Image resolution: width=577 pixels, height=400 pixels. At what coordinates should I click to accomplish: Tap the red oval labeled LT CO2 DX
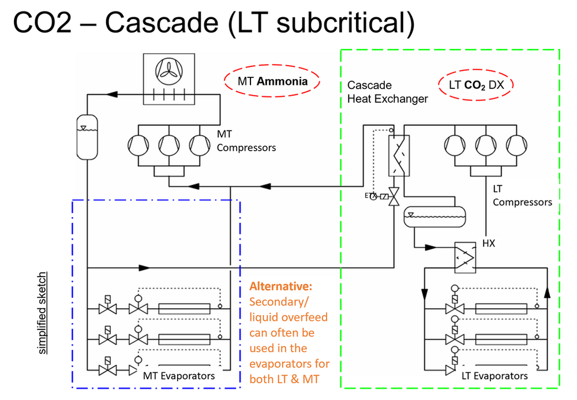[x=476, y=85]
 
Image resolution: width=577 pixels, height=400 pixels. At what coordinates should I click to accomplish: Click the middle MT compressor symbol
[x=168, y=144]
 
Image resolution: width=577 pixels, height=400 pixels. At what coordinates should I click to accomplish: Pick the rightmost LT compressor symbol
[x=516, y=144]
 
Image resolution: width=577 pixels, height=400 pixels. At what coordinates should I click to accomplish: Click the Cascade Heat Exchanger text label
[x=387, y=92]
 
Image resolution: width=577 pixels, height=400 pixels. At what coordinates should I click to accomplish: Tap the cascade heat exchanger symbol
[x=399, y=154]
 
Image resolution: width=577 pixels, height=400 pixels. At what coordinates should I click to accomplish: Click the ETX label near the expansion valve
[x=370, y=196]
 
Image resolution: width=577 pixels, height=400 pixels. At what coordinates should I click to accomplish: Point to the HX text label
[x=488, y=243]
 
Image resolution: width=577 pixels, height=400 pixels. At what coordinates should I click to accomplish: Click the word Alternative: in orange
[x=280, y=286]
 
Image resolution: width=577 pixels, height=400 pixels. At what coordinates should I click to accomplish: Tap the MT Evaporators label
[x=178, y=376]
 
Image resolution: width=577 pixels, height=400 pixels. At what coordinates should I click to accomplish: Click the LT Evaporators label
[x=494, y=376]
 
